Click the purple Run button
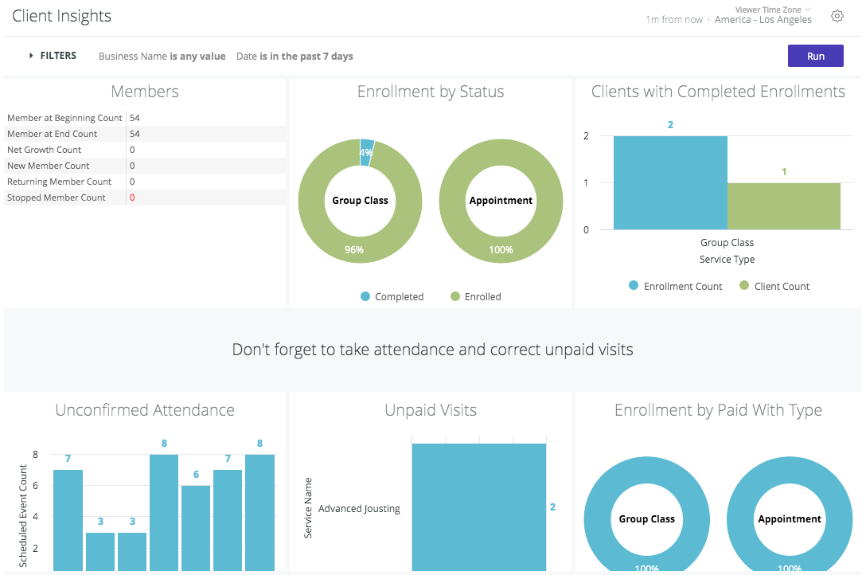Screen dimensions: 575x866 815,56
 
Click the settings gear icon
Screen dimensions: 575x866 837,16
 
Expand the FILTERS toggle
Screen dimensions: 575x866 53,56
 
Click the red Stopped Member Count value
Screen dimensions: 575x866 132,198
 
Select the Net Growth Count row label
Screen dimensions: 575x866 44,150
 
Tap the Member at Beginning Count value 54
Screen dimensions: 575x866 135,118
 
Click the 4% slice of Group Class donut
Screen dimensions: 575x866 366,152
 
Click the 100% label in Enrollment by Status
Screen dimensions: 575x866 501,250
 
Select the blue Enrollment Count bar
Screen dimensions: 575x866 670,183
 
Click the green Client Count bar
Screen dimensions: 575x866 784,206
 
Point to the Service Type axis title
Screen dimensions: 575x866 727,260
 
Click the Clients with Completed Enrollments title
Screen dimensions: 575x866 718,92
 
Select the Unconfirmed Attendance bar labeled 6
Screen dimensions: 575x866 196,527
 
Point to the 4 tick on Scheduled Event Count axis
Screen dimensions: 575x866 35,517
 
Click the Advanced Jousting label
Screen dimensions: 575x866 359,508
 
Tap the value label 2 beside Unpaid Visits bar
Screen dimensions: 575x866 552,507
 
